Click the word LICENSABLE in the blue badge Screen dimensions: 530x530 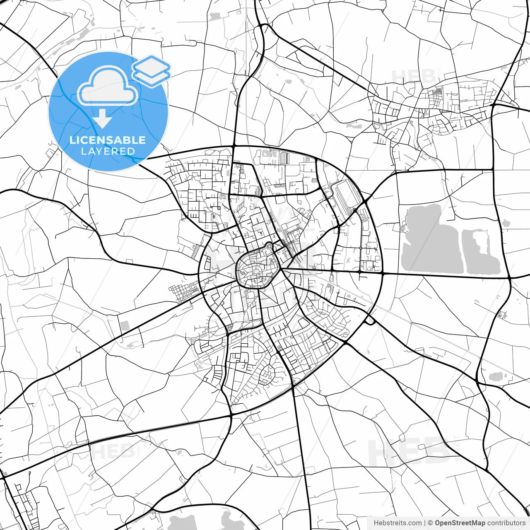(108, 140)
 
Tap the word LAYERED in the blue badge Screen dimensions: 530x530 (108, 151)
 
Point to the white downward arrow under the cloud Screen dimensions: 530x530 (102, 119)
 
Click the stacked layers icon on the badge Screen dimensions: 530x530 (152, 71)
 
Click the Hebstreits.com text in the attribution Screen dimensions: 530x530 (397, 523)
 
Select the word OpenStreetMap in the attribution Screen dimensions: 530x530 (460, 523)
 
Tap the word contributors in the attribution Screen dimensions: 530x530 (506, 523)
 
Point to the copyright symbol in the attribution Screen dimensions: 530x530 (430, 523)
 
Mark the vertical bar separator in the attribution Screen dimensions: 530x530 (425, 523)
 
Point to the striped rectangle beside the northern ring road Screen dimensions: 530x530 (284, 158)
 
